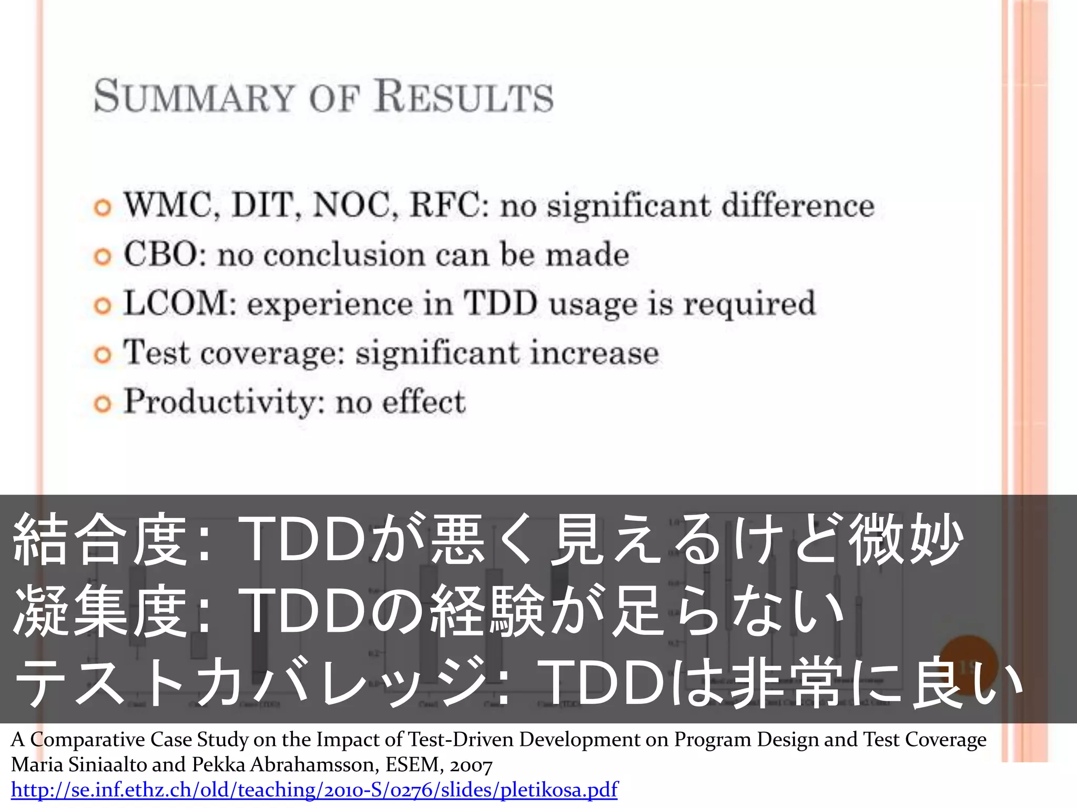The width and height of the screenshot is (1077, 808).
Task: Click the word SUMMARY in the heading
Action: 193,96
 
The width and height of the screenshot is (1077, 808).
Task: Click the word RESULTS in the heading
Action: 464,96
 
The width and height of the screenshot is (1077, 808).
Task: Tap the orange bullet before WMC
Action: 103,207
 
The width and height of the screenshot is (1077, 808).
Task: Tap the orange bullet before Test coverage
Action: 103,355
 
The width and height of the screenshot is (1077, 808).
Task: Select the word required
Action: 749,305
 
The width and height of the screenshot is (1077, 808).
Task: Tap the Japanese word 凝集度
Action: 100,610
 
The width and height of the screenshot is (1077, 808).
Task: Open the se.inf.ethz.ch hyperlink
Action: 314,790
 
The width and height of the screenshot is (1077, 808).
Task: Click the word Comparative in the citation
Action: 87,740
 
